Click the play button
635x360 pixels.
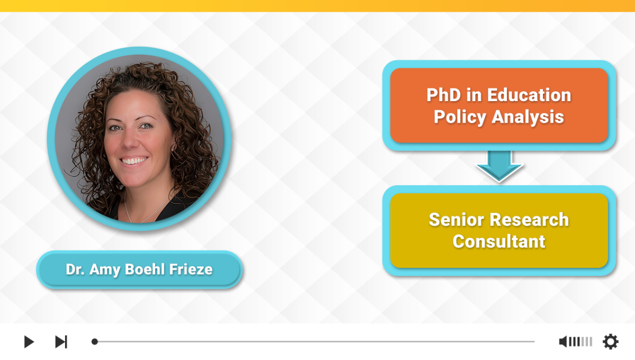coord(29,341)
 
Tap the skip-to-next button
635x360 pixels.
coord(61,341)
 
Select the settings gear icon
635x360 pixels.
coord(610,341)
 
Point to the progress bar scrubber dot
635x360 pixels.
coord(95,341)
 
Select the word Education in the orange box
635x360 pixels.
coord(529,95)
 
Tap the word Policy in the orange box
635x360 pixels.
coord(460,117)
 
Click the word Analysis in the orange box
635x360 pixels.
coord(528,117)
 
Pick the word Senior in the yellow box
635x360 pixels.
coord(457,220)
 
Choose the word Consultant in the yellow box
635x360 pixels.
coord(498,241)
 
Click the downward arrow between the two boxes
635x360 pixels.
coord(499,166)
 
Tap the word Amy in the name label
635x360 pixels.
coord(105,269)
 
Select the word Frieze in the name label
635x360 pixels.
coord(191,269)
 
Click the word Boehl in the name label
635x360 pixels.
coord(145,269)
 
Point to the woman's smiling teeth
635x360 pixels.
coord(133,161)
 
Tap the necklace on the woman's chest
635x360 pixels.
coord(144,210)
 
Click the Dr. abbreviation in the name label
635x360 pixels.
coord(75,269)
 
